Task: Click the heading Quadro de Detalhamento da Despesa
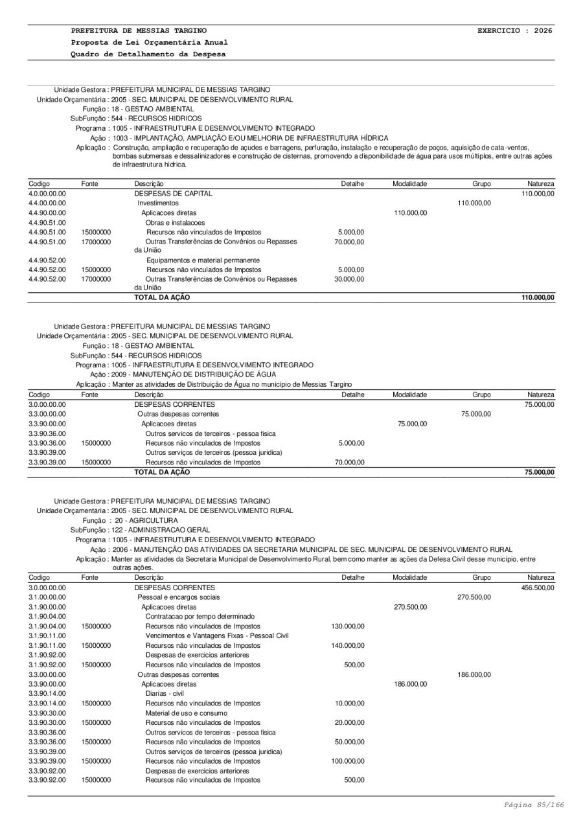[x=148, y=54]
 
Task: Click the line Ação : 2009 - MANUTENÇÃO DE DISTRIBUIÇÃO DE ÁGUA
[x=183, y=374]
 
